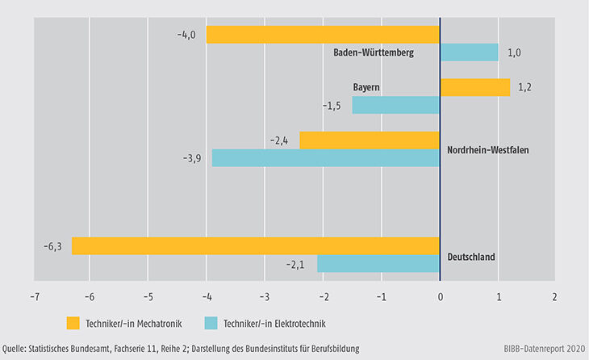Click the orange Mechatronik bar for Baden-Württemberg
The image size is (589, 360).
[323, 35]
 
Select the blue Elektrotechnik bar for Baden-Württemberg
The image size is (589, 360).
[469, 52]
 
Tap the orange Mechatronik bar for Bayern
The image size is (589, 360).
[474, 87]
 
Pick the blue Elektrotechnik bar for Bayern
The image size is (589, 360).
[395, 105]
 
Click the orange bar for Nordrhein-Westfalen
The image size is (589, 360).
[370, 140]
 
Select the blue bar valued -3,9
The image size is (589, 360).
[325, 158]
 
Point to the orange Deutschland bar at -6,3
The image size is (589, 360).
[255, 245]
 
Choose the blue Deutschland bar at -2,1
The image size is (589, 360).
[378, 263]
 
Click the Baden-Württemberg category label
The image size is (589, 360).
[374, 53]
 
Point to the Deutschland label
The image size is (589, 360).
[471, 257]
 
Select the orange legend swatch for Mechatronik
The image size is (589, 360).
[75, 324]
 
